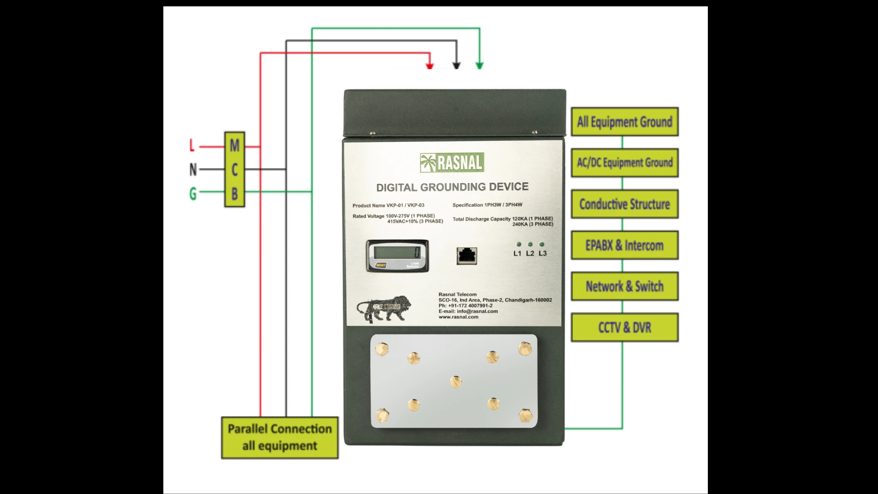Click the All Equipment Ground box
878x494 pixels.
click(625, 122)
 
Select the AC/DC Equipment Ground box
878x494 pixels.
click(625, 163)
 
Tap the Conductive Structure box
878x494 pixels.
click(625, 204)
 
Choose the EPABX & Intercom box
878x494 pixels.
click(625, 246)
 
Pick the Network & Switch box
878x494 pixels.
click(625, 286)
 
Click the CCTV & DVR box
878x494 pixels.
click(625, 328)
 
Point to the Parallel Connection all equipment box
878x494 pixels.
click(280, 437)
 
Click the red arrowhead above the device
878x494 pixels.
click(430, 66)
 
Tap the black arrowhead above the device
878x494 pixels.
click(456, 66)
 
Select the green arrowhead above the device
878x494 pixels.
click(480, 65)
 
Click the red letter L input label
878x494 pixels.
click(192, 146)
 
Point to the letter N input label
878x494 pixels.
click(193, 170)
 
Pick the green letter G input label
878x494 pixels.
click(193, 193)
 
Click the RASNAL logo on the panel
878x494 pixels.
click(452, 163)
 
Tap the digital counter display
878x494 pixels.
click(397, 252)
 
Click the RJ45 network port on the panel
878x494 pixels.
click(467, 256)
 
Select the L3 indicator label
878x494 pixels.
click(543, 253)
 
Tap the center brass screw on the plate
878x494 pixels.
click(456, 381)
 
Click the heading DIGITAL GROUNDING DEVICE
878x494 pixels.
click(452, 187)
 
